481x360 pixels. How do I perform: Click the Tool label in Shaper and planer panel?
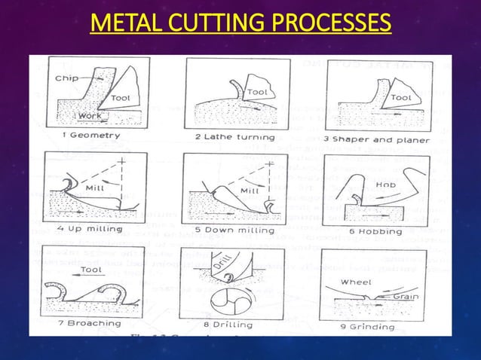point(401,97)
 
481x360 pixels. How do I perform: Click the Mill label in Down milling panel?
point(250,191)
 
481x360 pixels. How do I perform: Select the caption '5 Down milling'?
point(236,230)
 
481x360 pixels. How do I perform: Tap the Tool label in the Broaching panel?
point(92,269)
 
